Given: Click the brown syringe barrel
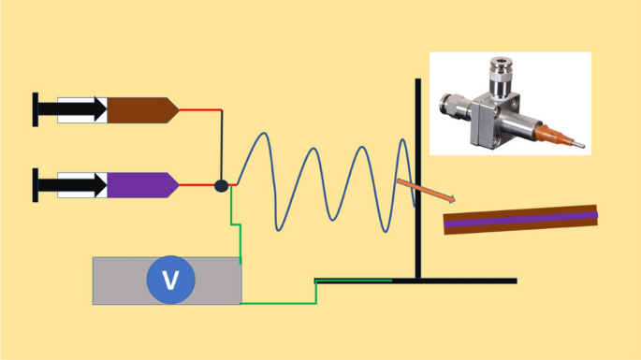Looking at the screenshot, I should (140, 110).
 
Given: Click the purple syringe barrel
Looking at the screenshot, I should (140, 184).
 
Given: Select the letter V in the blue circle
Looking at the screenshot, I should (169, 280).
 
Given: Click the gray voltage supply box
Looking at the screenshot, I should (117, 280).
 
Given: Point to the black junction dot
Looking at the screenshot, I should (222, 185).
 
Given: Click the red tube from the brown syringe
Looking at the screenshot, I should (198, 109).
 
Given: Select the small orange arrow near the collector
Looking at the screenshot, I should (426, 189).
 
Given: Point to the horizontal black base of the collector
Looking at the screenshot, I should (468, 281).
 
